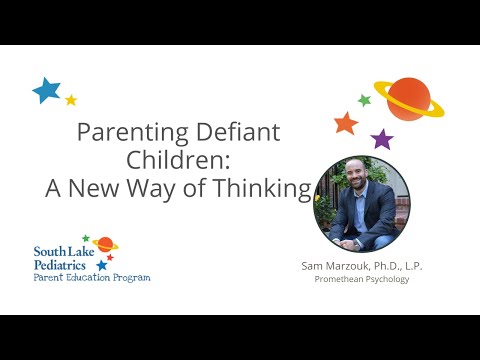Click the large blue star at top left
(x=46, y=91)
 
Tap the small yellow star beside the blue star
(x=71, y=100)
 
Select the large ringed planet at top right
(x=408, y=98)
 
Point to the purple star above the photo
(x=382, y=139)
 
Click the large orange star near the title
(x=346, y=124)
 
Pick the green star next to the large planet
(x=365, y=100)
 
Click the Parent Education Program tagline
(x=92, y=277)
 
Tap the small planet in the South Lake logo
(x=104, y=244)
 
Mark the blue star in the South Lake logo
(x=102, y=265)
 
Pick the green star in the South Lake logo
(x=86, y=239)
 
